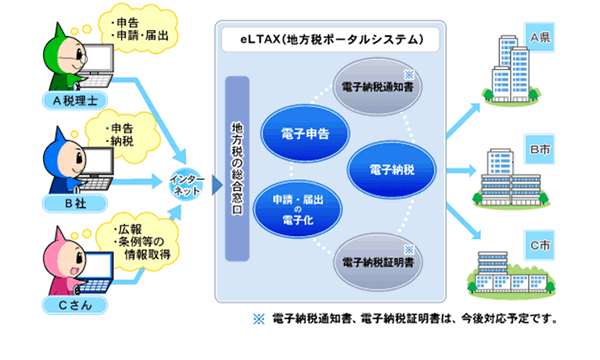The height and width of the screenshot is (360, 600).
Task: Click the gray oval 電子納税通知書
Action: click(378, 87)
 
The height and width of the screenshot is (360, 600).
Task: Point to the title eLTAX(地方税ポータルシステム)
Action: click(327, 41)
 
